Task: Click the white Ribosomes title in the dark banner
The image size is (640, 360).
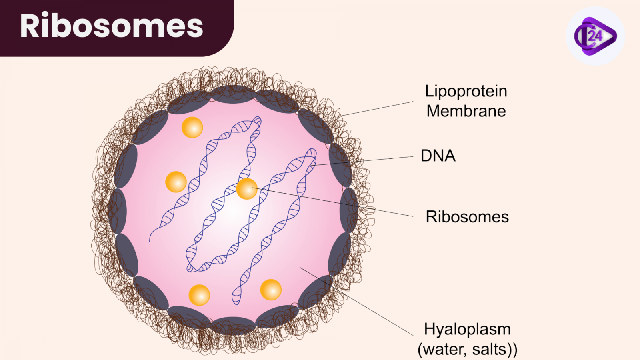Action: click(x=112, y=26)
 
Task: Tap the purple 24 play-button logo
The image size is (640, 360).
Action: click(x=595, y=36)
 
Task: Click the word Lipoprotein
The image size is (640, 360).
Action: click(x=466, y=91)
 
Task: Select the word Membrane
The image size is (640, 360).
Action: click(x=466, y=111)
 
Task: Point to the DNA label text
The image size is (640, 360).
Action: click(x=438, y=156)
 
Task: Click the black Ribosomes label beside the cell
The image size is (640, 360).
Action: click(x=467, y=217)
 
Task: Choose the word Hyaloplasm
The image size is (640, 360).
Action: click(x=467, y=329)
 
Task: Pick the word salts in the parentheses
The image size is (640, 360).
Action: click(x=490, y=349)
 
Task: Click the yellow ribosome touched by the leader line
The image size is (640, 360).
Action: click(x=247, y=189)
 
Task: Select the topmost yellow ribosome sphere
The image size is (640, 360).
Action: click(x=192, y=128)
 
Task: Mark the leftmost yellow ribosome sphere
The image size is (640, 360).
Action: click(x=176, y=182)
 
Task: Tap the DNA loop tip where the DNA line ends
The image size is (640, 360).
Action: click(x=312, y=154)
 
